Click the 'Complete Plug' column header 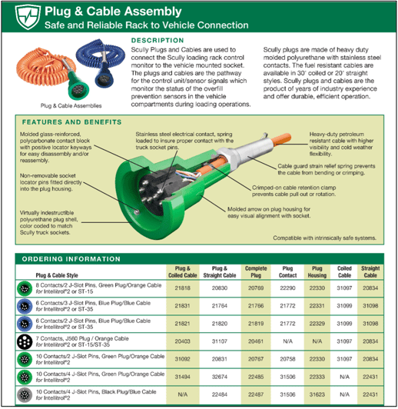[256, 272]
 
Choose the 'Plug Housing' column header [317, 272]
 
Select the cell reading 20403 [183, 341]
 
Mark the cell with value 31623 [317, 394]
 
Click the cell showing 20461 [256, 341]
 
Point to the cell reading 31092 [183, 359]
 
